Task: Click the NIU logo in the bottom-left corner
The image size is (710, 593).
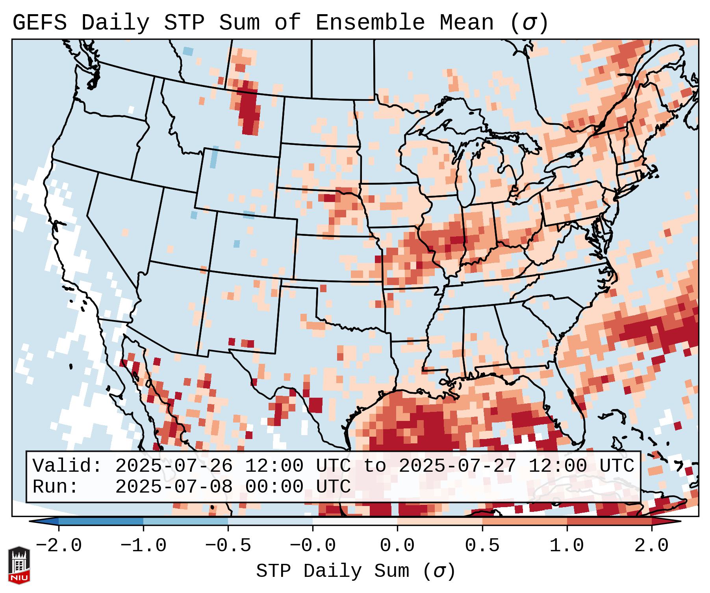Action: click(x=19, y=565)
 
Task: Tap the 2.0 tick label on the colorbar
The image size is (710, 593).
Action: click(x=651, y=545)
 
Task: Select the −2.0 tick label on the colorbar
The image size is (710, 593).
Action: click(x=58, y=545)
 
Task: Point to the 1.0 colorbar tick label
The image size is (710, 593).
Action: click(x=567, y=545)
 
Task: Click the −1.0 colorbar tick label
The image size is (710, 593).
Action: click(x=143, y=545)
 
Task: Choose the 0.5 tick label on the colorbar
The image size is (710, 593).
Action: click(x=482, y=545)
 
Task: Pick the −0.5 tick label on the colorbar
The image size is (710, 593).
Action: click(x=228, y=545)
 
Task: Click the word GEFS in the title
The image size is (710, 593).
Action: click(x=39, y=23)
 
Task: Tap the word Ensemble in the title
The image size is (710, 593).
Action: click(x=370, y=23)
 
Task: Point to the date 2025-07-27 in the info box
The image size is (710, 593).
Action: click(x=457, y=466)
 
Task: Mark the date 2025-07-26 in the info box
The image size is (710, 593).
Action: click(x=174, y=466)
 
